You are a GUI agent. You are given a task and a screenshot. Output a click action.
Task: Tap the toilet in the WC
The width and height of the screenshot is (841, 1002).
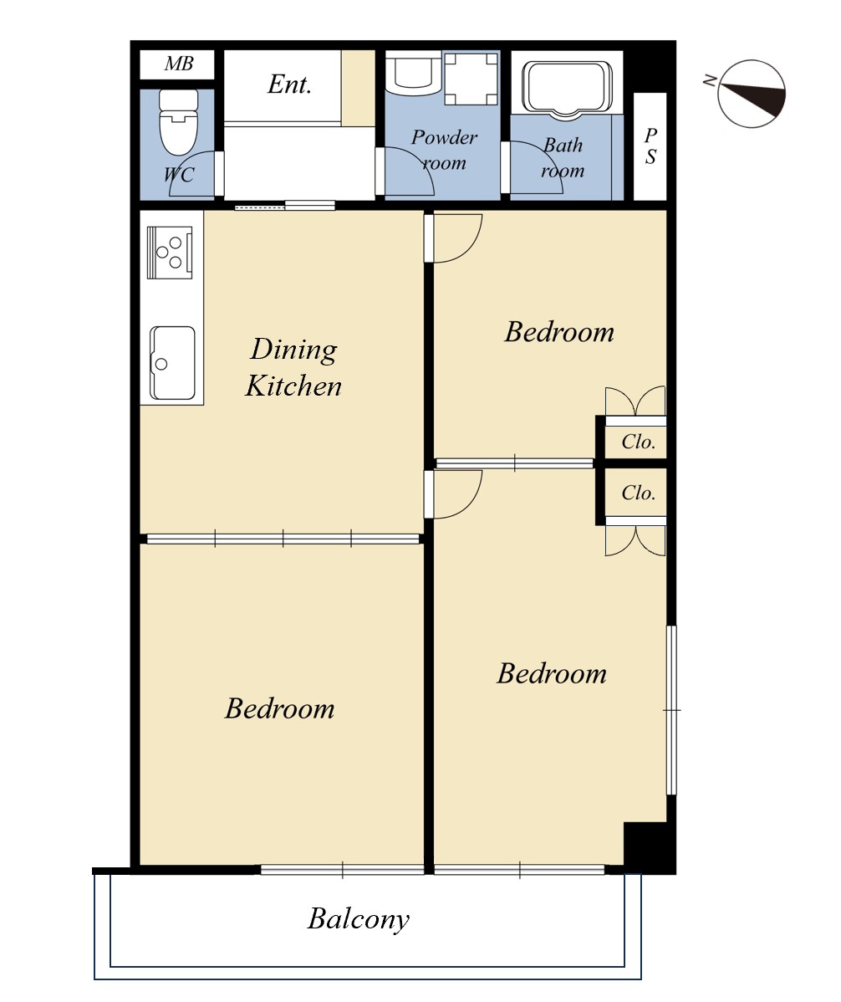click(x=178, y=122)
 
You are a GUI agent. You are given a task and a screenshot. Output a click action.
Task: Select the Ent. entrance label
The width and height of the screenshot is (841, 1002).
click(x=289, y=84)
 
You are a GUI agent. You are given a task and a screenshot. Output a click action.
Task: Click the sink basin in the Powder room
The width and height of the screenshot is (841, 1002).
click(x=413, y=74)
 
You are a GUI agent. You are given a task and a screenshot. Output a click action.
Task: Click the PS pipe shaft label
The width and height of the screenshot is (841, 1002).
click(x=650, y=146)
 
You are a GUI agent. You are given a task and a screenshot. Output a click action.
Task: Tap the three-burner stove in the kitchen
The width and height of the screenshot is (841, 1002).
click(x=170, y=253)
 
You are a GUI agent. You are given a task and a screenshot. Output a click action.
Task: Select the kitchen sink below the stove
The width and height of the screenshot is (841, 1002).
click(x=172, y=363)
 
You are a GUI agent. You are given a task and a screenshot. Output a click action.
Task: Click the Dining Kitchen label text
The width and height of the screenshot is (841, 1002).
click(x=293, y=368)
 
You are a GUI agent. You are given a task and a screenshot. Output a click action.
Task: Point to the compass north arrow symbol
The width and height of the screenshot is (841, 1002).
click(x=751, y=94)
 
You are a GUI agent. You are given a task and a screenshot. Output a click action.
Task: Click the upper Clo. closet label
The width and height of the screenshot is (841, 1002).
click(x=638, y=442)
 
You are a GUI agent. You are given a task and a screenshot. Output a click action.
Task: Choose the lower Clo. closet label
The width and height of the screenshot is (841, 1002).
click(x=638, y=493)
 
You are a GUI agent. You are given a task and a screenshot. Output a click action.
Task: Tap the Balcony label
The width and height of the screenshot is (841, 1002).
click(x=359, y=919)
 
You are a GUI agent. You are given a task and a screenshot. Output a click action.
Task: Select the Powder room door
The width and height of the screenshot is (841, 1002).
click(x=405, y=171)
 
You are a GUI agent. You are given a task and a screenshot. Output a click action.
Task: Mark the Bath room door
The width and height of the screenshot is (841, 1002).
click(x=532, y=166)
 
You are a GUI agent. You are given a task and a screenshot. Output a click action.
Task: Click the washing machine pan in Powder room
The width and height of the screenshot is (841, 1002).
click(x=471, y=79)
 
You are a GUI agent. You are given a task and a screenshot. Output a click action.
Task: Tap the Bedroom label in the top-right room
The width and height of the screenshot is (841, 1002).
click(x=559, y=332)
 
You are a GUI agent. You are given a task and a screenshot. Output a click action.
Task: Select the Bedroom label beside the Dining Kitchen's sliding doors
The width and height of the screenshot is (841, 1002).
click(x=280, y=708)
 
